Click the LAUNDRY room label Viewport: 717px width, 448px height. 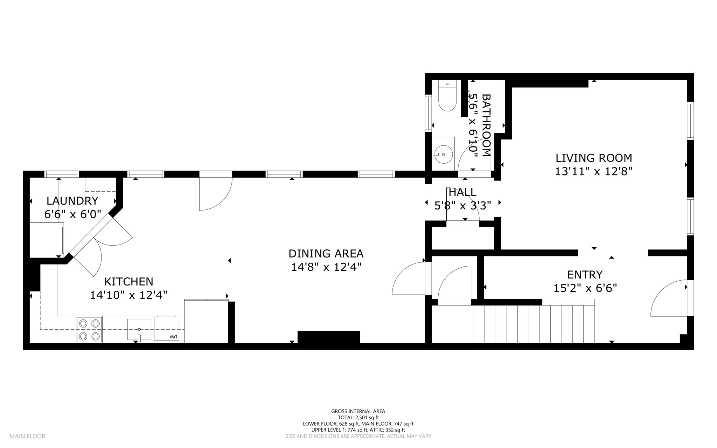click(72, 201)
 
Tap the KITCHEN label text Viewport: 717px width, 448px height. click(129, 282)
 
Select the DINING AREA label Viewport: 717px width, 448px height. click(326, 253)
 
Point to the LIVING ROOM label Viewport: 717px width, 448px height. click(594, 158)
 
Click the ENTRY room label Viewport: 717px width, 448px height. click(585, 274)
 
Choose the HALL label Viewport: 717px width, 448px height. click(462, 192)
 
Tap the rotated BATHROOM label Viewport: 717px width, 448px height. click(486, 125)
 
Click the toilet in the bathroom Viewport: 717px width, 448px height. click(447, 96)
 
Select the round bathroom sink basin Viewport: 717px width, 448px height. click(443, 154)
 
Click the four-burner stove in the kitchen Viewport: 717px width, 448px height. click(89, 330)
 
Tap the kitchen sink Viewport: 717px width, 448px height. click(139, 330)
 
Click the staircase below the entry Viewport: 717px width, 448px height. click(534, 324)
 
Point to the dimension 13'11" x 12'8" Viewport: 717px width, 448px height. click(594, 172)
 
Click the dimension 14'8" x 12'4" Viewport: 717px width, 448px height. click(326, 267)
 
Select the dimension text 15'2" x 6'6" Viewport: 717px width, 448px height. click(585, 288)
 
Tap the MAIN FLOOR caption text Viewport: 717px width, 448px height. click(28, 436)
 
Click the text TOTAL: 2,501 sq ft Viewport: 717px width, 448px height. click(358, 418)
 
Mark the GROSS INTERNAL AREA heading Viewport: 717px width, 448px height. click(358, 412)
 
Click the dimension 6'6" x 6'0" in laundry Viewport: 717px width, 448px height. click(72, 214)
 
